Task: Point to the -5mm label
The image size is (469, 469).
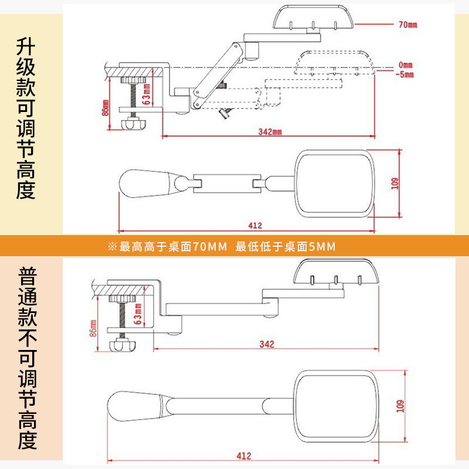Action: pos(405,74)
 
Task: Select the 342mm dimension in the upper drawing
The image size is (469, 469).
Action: pos(270,131)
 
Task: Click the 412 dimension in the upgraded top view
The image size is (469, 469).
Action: pos(255,226)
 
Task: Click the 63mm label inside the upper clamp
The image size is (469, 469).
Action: pos(147,94)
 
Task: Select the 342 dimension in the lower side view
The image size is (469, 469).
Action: pos(267,345)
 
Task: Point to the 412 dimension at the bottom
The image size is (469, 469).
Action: pos(244,456)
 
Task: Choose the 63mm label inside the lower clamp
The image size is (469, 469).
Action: pos(138,314)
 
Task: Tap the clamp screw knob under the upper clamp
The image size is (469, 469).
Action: pos(133,123)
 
